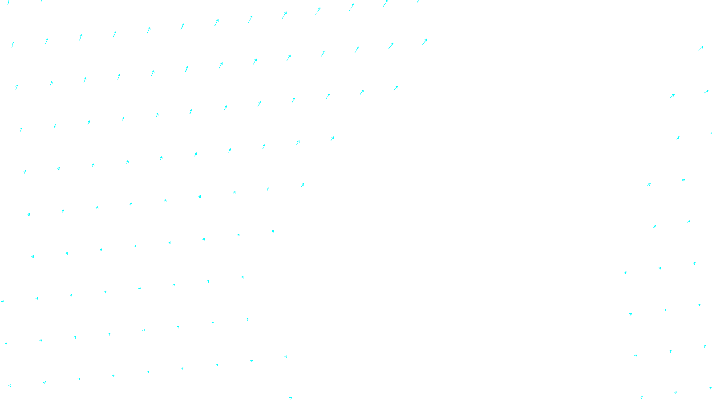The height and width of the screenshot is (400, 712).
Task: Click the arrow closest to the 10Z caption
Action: point(291,398)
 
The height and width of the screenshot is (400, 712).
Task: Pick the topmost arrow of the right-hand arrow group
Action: point(700,48)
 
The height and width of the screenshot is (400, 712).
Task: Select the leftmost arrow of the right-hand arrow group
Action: point(625,272)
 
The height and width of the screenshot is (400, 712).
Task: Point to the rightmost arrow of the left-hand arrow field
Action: point(425,41)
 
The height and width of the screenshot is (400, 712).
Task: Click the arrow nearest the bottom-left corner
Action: point(10,386)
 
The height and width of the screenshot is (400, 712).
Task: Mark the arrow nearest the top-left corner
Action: point(9,2)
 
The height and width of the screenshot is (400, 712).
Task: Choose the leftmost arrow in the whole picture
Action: point(2,302)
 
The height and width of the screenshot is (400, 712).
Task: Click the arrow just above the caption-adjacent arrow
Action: point(286,356)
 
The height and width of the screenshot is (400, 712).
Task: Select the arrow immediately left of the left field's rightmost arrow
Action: point(391,45)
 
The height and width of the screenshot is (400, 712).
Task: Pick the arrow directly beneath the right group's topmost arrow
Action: point(706,92)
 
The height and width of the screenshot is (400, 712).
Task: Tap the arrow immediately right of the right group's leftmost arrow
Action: point(660,268)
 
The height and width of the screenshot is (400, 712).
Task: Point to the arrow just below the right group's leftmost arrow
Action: point(631,314)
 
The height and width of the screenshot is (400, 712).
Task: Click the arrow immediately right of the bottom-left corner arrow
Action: point(44,382)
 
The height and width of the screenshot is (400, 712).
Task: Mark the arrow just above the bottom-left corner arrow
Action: point(6,344)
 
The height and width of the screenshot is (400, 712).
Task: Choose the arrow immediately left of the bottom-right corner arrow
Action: point(676,392)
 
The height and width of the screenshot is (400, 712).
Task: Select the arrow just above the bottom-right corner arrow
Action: point(704,346)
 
